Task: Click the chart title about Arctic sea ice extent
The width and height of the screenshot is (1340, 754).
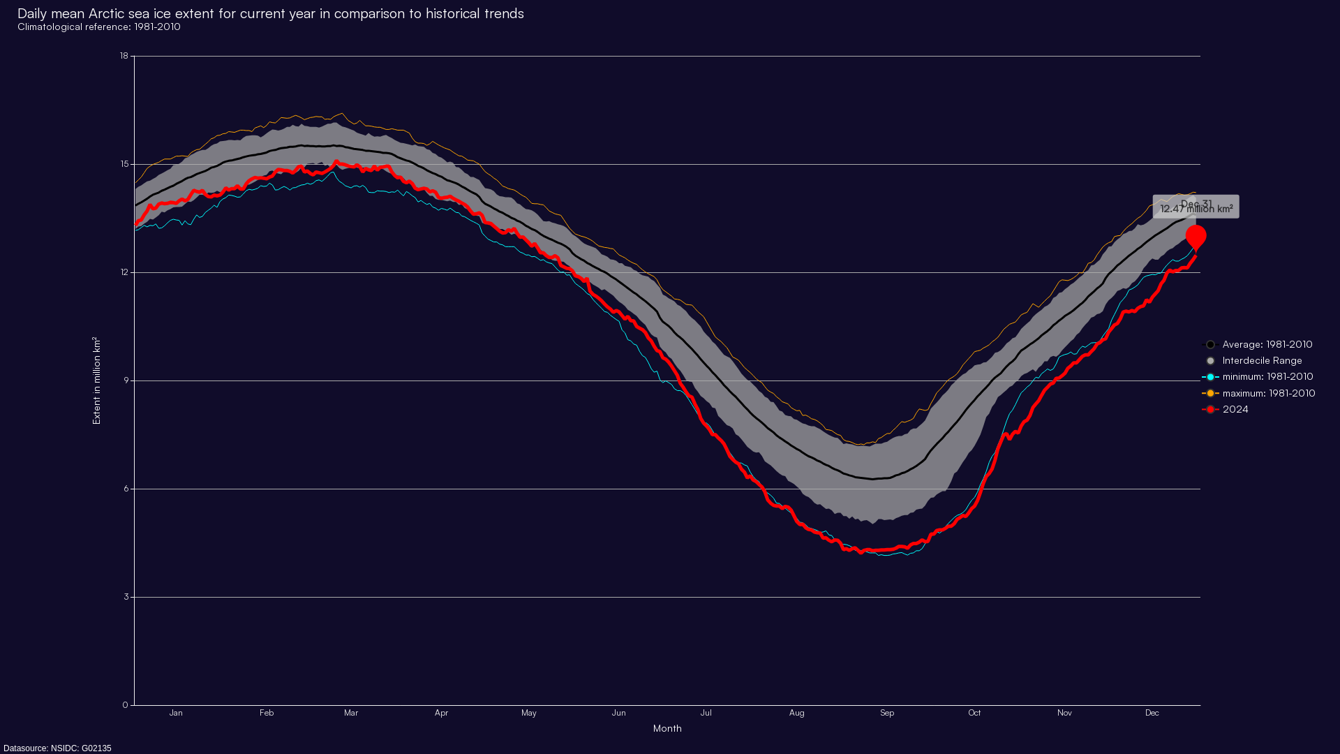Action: pos(270,13)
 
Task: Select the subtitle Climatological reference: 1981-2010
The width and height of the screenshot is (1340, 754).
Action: pos(99,27)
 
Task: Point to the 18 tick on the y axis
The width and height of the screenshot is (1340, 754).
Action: pos(124,56)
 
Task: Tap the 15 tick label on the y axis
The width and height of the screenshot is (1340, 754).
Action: pos(124,164)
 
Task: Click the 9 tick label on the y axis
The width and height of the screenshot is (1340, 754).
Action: pos(126,380)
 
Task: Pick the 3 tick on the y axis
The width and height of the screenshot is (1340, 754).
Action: pos(126,597)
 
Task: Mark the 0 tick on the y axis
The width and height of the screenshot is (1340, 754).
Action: pos(126,705)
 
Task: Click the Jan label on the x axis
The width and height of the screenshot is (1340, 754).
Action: pos(176,713)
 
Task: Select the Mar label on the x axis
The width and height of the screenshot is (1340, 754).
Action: pos(351,713)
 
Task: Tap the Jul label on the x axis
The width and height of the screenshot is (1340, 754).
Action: pos(706,713)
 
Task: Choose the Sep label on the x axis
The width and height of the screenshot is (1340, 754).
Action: pos(887,713)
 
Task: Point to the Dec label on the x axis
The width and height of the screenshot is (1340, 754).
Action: pos(1152,713)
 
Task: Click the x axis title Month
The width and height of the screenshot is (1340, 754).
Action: pos(667,728)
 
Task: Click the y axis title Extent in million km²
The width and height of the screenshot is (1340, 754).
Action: pos(97,380)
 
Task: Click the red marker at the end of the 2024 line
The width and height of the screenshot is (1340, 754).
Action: pos(1196,237)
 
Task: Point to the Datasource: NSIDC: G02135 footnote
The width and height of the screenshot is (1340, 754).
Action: pos(57,748)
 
